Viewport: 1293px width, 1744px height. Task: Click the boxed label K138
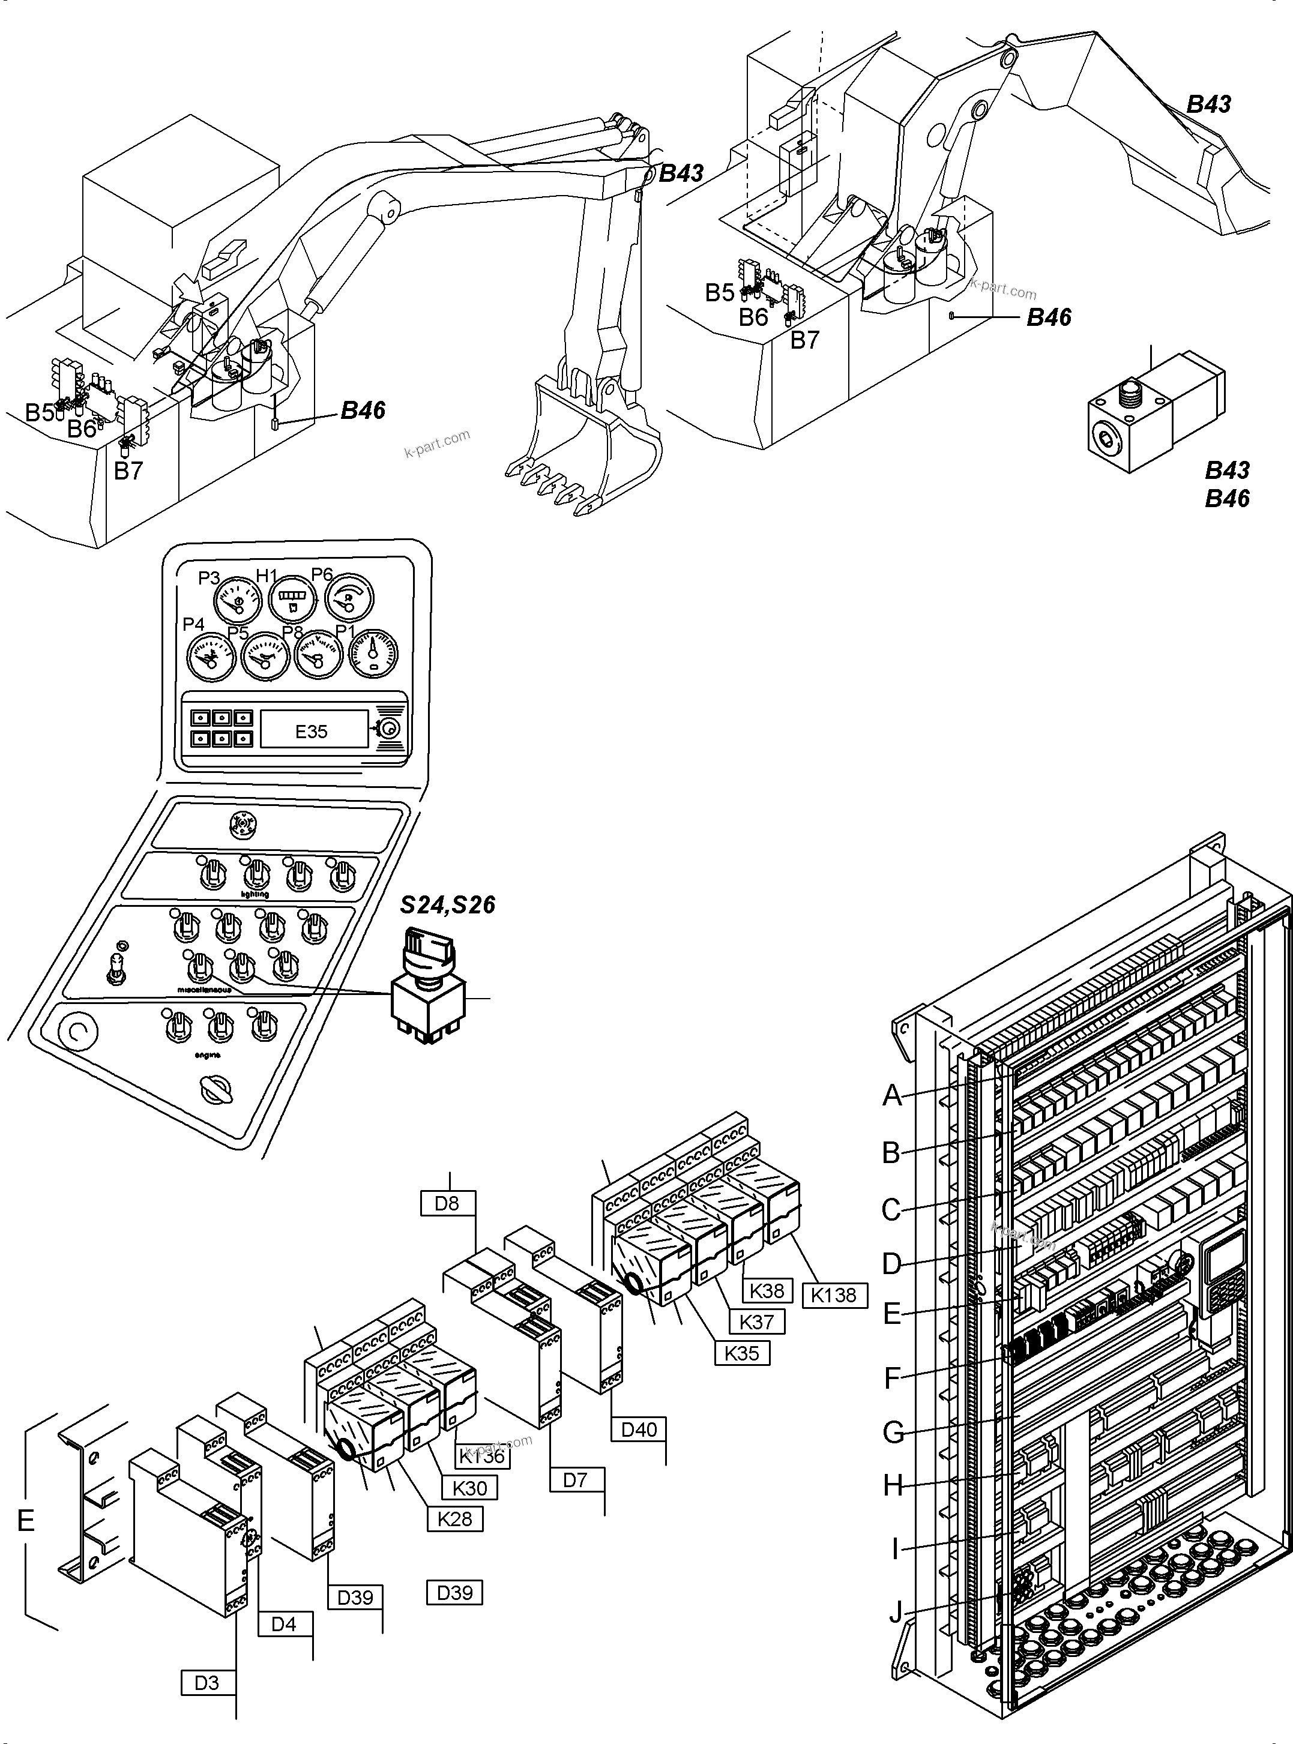(x=834, y=1295)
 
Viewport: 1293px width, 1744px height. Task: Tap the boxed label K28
(x=455, y=1519)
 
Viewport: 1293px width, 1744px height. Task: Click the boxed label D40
(x=639, y=1430)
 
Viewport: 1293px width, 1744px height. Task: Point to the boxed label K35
(x=742, y=1353)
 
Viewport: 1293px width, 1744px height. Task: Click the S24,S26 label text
(x=448, y=905)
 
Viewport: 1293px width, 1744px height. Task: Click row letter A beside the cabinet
(x=891, y=1095)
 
